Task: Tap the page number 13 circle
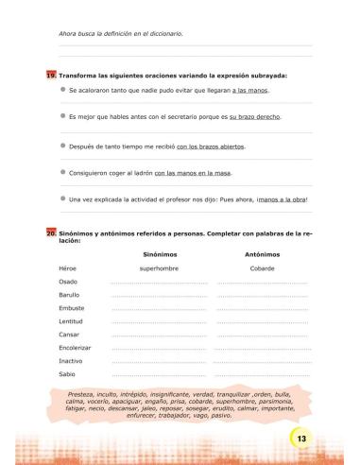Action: click(x=300, y=440)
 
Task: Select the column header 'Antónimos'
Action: click(x=262, y=254)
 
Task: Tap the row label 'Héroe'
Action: click(x=68, y=268)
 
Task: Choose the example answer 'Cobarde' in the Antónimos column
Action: click(x=262, y=268)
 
